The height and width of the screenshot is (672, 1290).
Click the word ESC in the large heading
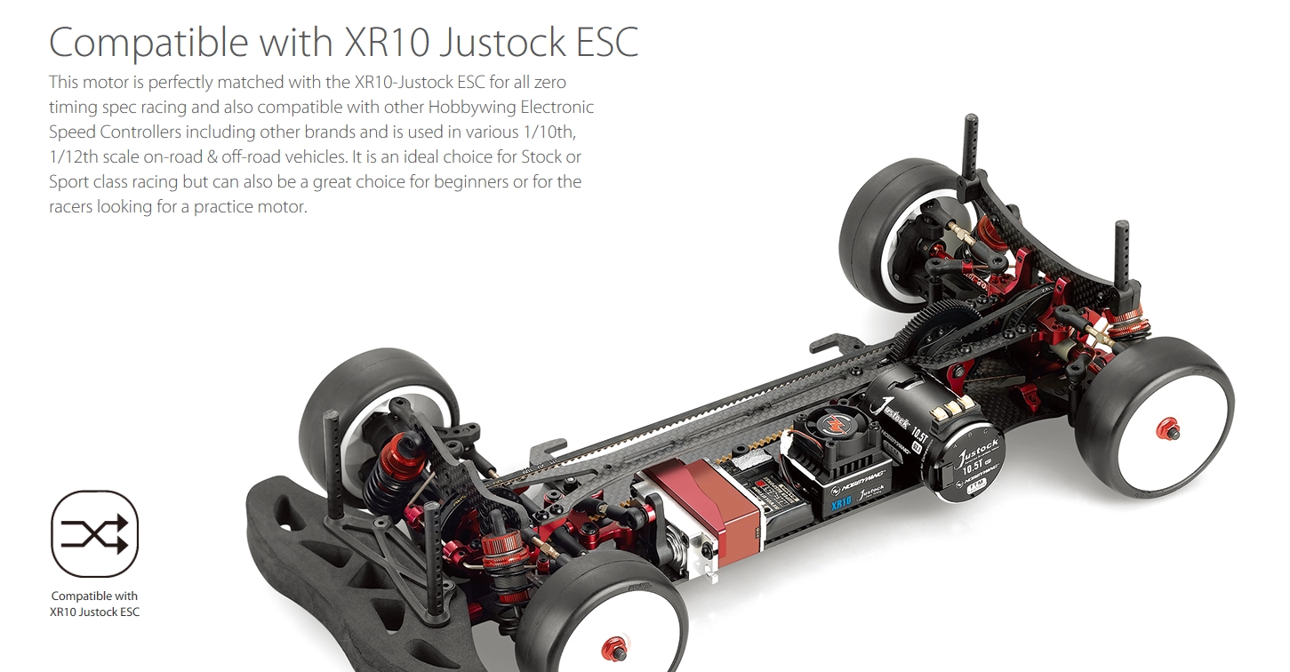(607, 42)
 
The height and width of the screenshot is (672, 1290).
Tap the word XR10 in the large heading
(387, 42)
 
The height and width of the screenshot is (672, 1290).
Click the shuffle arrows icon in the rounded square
(94, 534)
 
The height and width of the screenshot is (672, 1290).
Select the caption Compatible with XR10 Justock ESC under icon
(94, 604)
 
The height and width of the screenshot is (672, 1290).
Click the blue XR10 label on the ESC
(841, 503)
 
